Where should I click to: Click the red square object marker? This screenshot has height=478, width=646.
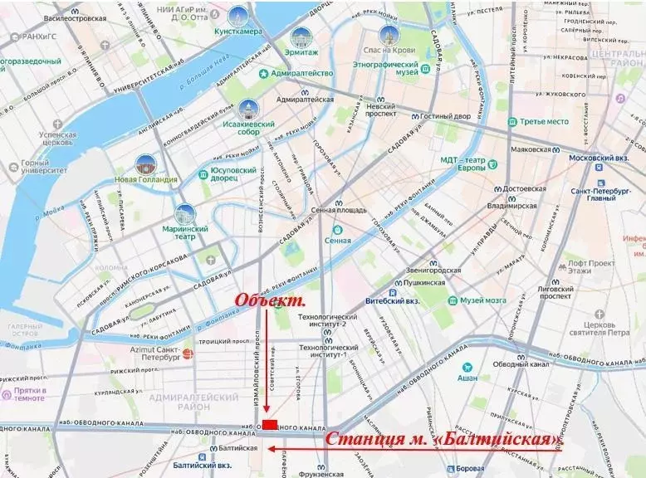pyautogui.click(x=269, y=424)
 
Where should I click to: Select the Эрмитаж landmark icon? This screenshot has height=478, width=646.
pyautogui.click(x=302, y=37)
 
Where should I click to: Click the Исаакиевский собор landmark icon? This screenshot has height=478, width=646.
pyautogui.click(x=248, y=110)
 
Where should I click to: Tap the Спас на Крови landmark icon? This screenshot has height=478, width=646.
pyautogui.click(x=387, y=36)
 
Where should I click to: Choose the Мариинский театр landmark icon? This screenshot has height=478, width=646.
pyautogui.click(x=185, y=214)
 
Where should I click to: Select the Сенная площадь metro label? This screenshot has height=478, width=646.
pyautogui.click(x=338, y=210)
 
